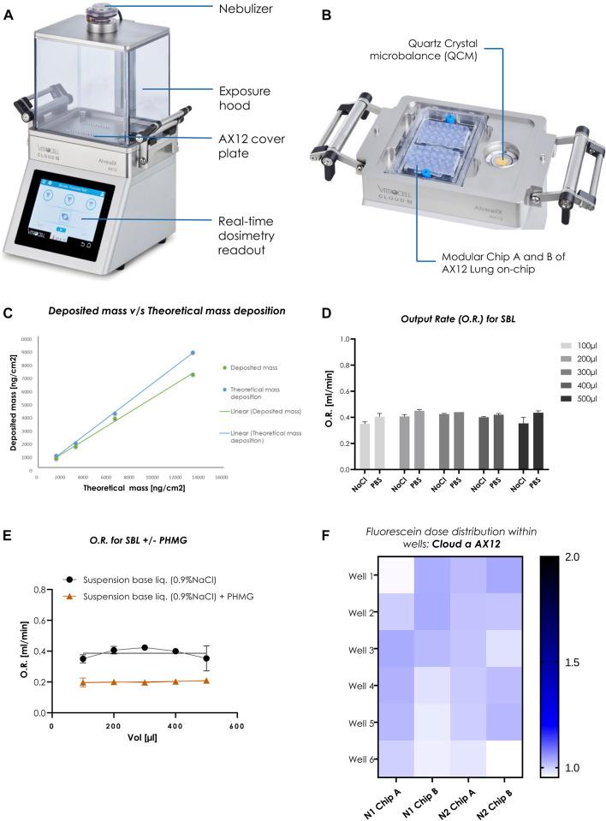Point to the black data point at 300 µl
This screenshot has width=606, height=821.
tap(145, 648)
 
